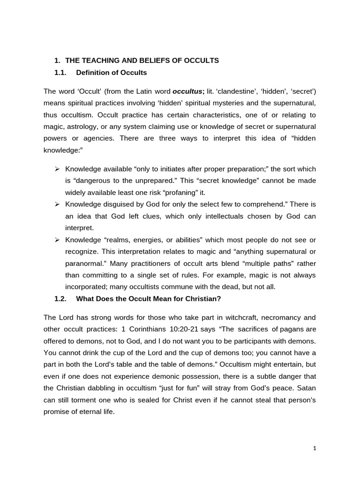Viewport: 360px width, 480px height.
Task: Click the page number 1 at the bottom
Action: tap(315, 448)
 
